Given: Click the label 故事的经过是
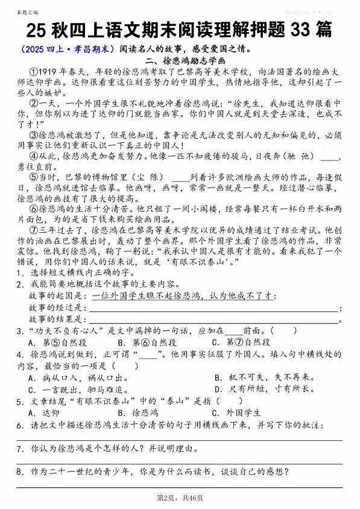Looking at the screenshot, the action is tap(58, 308).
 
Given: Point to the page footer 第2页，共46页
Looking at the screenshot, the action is tap(180, 498).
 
